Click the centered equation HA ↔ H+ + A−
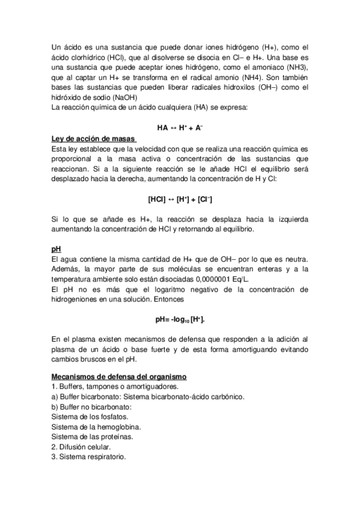coord(180,127)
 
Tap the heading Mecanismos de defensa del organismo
coord(120,376)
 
